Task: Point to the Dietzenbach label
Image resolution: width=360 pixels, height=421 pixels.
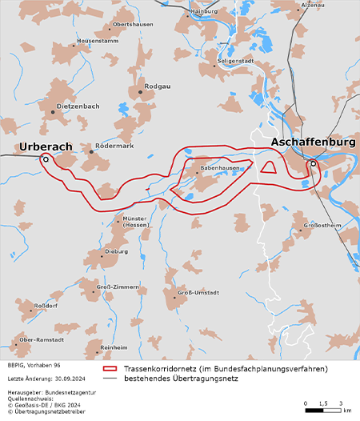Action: coord(78,106)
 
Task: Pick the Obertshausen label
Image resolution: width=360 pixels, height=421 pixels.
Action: coord(133,25)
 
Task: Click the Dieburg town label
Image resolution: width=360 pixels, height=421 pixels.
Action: coord(116,251)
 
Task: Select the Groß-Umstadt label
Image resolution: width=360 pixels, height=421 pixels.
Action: coord(197,294)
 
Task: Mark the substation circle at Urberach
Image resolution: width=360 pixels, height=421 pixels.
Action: coord(46,159)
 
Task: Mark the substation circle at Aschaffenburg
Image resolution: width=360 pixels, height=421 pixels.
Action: coord(314,163)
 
